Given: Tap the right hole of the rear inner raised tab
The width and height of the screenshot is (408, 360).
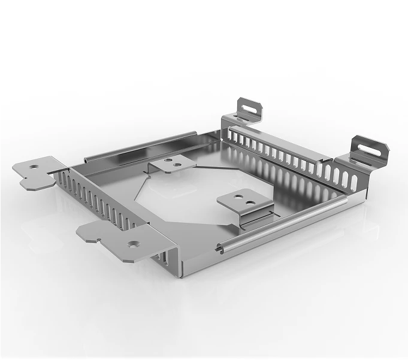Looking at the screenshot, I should click(x=179, y=161).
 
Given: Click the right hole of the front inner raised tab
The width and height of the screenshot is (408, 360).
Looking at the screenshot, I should click(x=250, y=195).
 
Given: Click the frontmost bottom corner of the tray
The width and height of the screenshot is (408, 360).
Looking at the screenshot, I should click(x=180, y=277).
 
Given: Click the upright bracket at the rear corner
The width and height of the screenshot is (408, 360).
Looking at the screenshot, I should click(x=246, y=110).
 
